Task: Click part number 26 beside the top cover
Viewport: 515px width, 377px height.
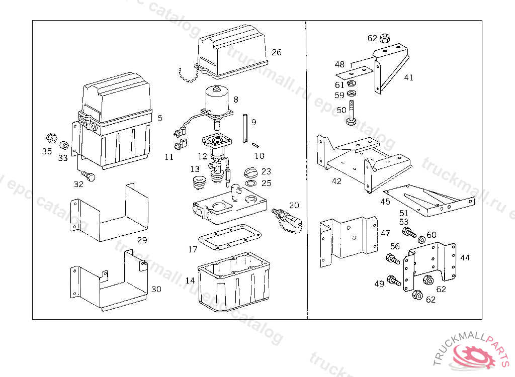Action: coord(277,52)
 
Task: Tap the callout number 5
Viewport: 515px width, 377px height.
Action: coord(160,118)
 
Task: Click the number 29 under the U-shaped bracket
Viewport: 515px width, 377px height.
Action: coord(142,240)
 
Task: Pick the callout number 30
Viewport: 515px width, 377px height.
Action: coord(156,289)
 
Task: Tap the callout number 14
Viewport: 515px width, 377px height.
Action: coord(190,280)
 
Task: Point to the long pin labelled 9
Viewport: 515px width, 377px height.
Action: coord(244,129)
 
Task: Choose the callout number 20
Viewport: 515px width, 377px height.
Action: coord(294,205)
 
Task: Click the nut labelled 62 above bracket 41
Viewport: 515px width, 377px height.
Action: coord(385,37)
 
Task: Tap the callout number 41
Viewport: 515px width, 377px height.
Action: coord(408,77)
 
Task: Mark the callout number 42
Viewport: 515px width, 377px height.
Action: coord(336,181)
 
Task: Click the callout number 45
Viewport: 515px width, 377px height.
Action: coord(385,202)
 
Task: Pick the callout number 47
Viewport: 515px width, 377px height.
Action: coord(385,233)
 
